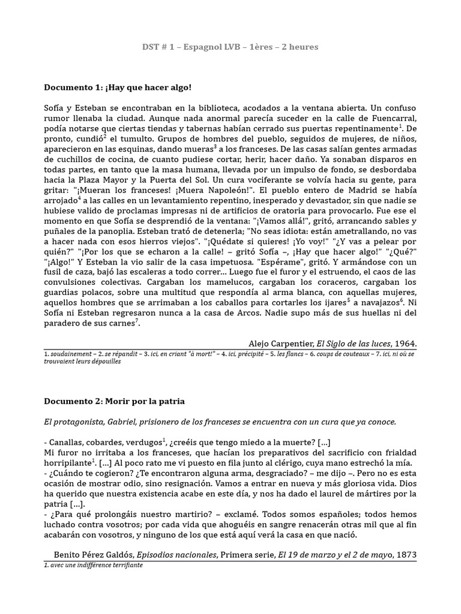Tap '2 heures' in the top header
pyautogui.click(x=298, y=47)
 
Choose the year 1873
pyautogui.click(x=405, y=555)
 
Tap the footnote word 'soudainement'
pyautogui.click(x=69, y=354)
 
